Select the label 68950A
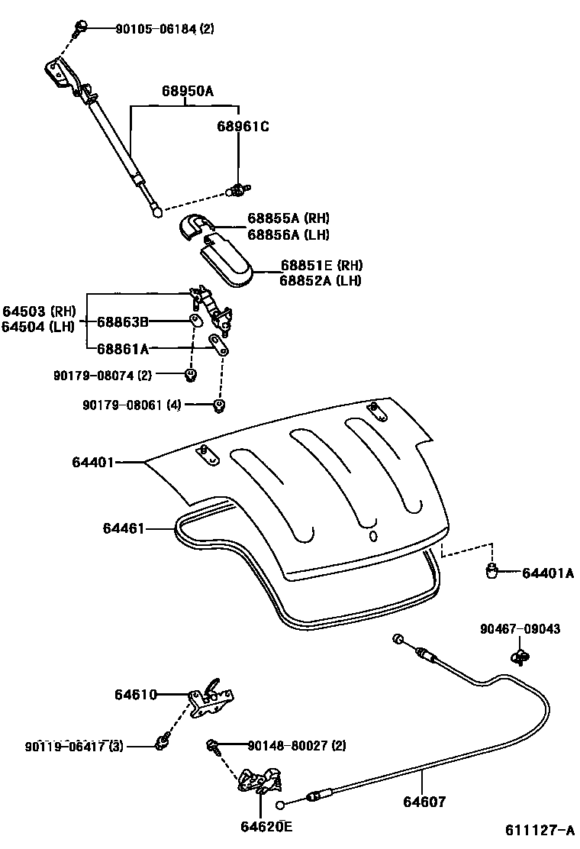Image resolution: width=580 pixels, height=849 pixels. (x=187, y=92)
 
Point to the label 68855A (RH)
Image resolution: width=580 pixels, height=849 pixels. (x=288, y=219)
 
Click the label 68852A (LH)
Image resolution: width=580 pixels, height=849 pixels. (x=320, y=280)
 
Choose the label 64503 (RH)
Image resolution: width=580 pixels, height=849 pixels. (x=38, y=312)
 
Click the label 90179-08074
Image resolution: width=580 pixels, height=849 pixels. (x=97, y=375)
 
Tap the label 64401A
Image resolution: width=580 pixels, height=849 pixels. (x=548, y=573)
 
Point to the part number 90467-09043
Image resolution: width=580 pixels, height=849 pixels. (x=520, y=630)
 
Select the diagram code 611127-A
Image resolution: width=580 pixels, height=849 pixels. (x=538, y=830)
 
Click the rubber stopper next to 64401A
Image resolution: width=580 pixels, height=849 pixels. (x=494, y=570)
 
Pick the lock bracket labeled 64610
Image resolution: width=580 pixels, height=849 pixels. (x=211, y=699)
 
